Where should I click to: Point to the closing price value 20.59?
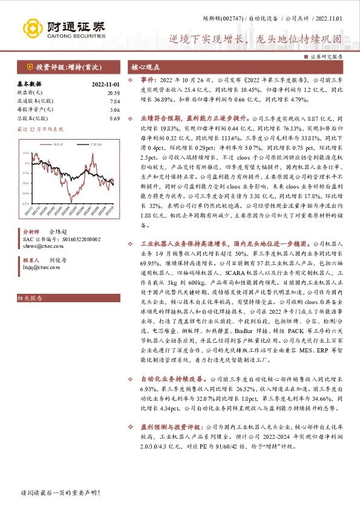(113, 92)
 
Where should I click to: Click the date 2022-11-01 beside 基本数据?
(106, 84)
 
